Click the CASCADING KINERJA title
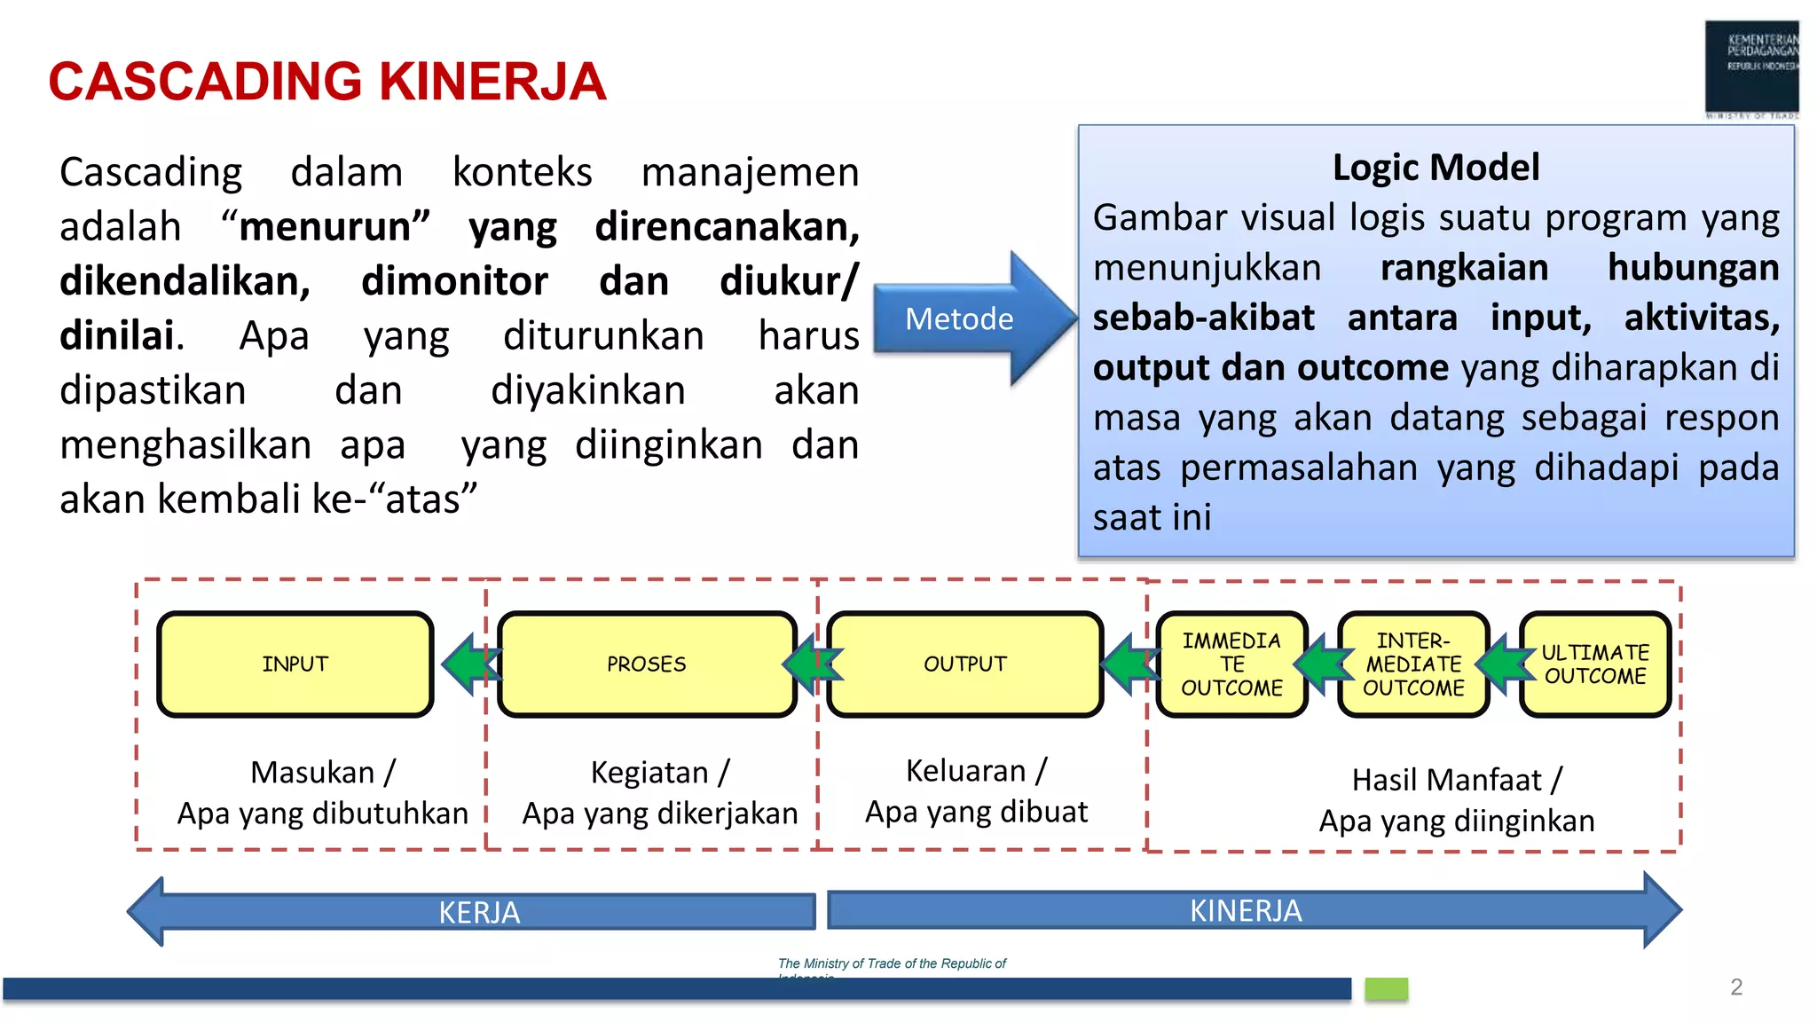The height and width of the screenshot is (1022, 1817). click(x=326, y=82)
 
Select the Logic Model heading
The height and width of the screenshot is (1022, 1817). click(x=1436, y=167)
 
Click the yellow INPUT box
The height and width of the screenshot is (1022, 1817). click(x=295, y=664)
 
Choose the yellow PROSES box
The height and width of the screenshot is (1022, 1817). click(x=647, y=664)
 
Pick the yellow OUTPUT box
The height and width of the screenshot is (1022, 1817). click(x=964, y=664)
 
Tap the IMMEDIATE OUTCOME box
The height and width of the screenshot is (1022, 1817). click(x=1231, y=664)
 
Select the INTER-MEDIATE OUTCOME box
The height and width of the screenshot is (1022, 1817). click(x=1413, y=664)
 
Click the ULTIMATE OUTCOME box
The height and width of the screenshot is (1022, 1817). click(x=1594, y=664)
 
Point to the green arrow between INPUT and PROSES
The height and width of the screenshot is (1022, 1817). click(x=467, y=664)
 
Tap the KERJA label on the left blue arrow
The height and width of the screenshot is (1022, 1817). click(x=479, y=912)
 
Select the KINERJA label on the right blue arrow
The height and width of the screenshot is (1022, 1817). click(x=1245, y=910)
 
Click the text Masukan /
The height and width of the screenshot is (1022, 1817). click(x=323, y=772)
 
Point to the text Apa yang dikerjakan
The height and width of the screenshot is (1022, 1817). click(x=659, y=813)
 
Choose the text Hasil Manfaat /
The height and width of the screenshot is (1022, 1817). click(x=1457, y=780)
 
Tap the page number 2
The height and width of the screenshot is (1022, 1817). click(x=1736, y=987)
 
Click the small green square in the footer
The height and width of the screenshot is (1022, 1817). click(x=1386, y=988)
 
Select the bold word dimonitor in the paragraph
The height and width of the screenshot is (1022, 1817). click(x=454, y=281)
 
